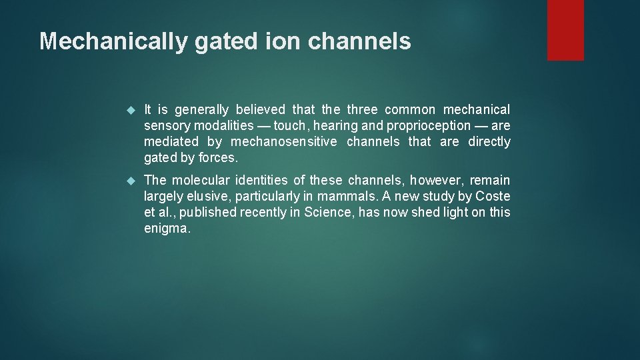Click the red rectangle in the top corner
coord(565,30)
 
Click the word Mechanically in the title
coord(113,41)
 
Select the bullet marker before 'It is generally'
coord(131,110)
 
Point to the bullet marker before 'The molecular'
coord(131,181)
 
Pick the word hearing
coord(337,125)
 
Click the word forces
coord(219,157)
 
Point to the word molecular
coord(202,180)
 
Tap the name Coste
coord(493,196)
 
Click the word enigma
coord(167,228)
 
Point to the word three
coord(362,109)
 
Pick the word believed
coord(260,109)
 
